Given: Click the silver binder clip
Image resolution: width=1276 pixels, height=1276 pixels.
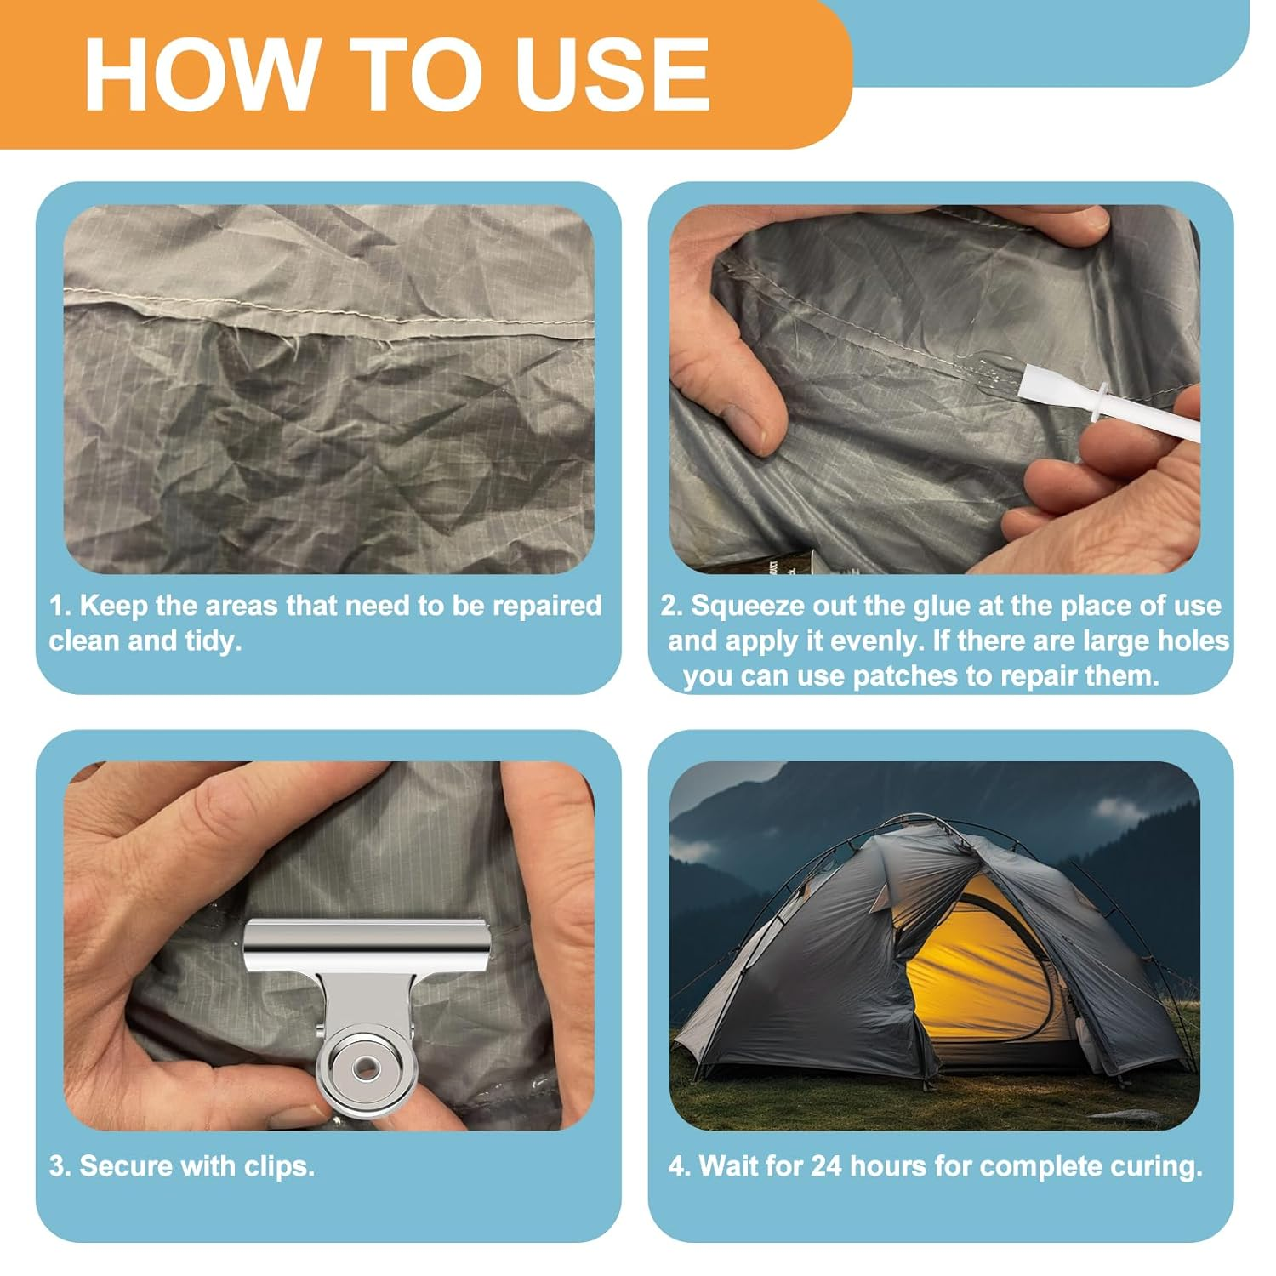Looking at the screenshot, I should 366,1004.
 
